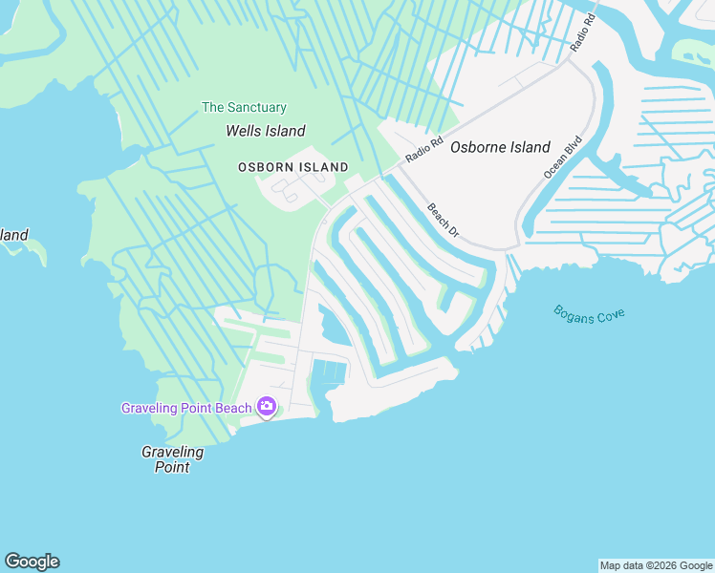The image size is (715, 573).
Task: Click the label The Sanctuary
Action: (244, 108)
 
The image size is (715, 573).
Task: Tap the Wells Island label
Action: (265, 131)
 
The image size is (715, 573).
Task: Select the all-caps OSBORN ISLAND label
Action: (293, 167)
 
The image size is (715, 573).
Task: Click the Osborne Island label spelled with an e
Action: (500, 147)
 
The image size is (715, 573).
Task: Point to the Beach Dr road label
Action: (444, 222)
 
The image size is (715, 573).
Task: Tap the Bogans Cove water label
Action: (589, 313)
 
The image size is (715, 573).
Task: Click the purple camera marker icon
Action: (267, 408)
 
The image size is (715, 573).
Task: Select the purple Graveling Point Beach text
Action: (186, 408)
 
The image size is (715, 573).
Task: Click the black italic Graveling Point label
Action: (173, 458)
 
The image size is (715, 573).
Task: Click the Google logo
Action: (32, 562)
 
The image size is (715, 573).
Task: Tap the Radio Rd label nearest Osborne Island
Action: (424, 149)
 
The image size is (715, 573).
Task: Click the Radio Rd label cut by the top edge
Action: (583, 32)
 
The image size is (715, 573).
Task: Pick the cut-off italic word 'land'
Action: (14, 235)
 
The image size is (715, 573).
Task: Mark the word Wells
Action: (243, 131)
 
